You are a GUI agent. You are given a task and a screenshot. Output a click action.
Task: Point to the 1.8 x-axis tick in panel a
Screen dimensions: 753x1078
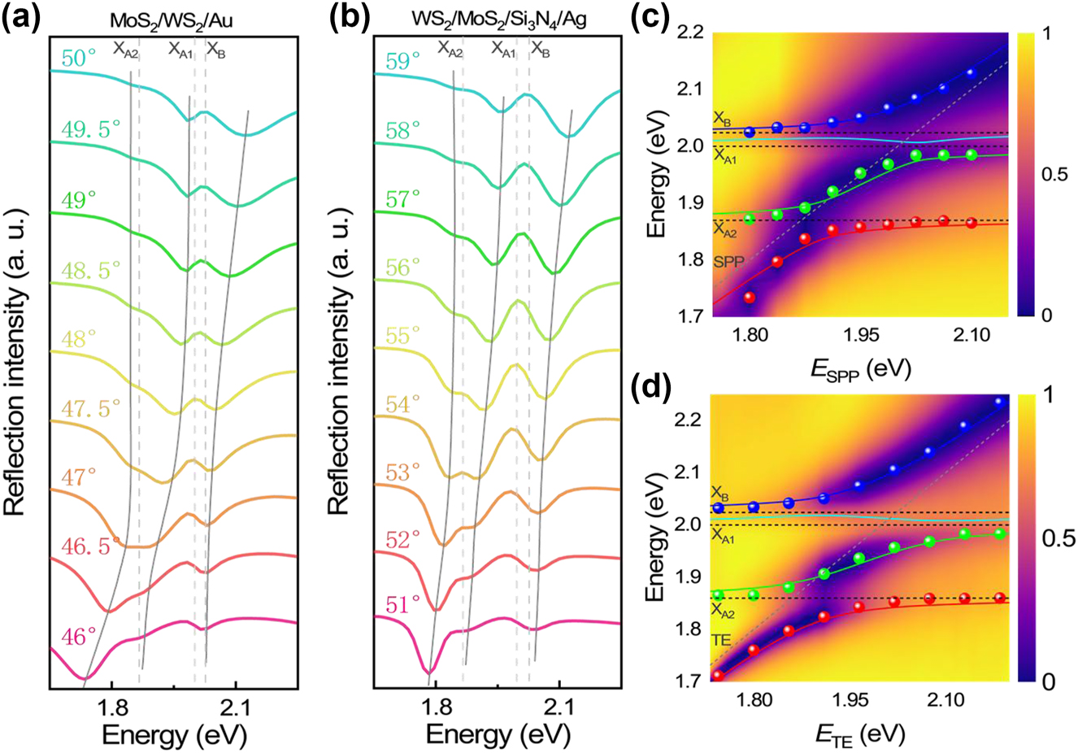point(111,705)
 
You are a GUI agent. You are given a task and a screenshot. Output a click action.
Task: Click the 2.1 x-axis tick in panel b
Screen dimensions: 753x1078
point(559,705)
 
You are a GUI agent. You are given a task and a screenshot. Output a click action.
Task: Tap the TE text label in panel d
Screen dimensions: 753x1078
point(721,641)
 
